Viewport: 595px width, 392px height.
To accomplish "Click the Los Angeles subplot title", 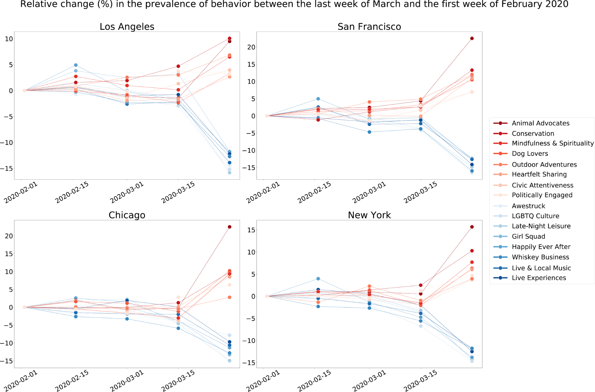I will click(127, 27).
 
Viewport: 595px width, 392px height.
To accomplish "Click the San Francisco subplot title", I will click(369, 27).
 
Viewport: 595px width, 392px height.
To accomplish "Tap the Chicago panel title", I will click(127, 215).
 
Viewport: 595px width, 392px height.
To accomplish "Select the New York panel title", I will click(369, 215).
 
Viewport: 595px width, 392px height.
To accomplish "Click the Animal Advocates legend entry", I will click(540, 123).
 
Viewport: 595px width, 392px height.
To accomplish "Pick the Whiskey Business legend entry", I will click(540, 257).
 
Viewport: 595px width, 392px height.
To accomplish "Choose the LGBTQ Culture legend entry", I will click(535, 216).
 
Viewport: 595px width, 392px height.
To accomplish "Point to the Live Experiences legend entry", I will click(539, 278).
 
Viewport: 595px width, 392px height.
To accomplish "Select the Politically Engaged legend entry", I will click(542, 195).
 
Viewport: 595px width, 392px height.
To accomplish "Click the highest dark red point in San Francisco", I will click(472, 38).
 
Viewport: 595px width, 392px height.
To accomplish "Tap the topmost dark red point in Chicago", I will click(229, 227).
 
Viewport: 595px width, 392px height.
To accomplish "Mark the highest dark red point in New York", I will click(472, 227).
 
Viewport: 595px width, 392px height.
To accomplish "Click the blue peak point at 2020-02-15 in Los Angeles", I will click(76, 65).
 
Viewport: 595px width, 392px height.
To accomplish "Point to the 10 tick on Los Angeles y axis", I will click(9, 39).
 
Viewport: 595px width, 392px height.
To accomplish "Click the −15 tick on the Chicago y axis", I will click(7, 361).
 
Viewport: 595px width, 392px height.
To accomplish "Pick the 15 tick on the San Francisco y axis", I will click(251, 65).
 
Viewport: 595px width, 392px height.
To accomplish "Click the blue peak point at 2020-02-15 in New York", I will click(318, 279).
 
